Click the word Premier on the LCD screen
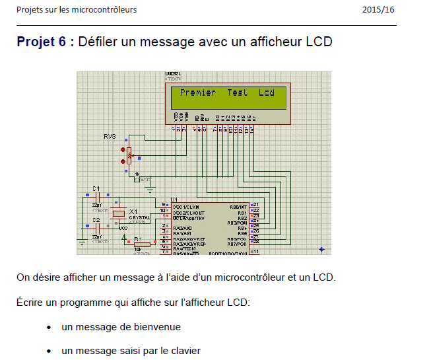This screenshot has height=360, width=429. coord(198,93)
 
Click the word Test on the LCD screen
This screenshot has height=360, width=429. coord(238,93)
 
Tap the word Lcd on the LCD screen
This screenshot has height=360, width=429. coord(267,93)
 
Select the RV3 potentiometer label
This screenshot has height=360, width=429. coord(110,136)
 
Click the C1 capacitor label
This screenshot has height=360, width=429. coord(96,190)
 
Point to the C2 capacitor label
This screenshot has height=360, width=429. coord(96,219)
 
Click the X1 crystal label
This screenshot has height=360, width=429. coord(133,211)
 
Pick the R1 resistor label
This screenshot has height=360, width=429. coord(137,238)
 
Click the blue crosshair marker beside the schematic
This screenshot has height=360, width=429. coord(321,250)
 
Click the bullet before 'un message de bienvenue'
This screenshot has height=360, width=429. coord(49,327)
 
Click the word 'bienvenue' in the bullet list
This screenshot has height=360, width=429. coord(158,327)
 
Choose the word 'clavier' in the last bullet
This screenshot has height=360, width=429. coord(185,351)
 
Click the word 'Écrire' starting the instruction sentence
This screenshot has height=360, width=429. coord(30,303)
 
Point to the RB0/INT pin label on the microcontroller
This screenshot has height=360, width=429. coord(238,207)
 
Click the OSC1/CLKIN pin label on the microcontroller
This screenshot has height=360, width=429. coord(187,207)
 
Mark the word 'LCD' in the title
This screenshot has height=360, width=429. coord(319,42)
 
